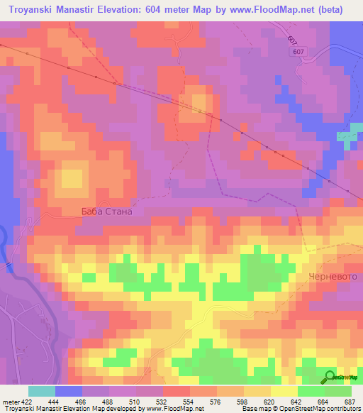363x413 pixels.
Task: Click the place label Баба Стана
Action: tap(106, 211)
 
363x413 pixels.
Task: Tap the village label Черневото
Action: tap(330, 275)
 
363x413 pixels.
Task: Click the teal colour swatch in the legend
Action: tap(42, 391)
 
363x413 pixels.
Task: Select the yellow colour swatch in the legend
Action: tap(284, 391)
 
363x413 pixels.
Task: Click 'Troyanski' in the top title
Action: tap(27, 10)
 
